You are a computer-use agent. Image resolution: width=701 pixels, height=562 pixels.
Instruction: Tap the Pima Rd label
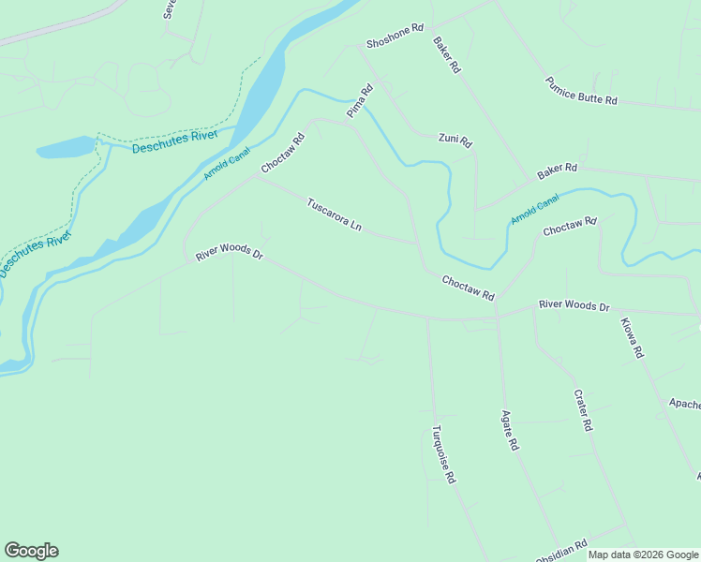[x=360, y=101]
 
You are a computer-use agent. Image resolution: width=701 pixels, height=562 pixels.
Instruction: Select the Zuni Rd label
[x=455, y=140]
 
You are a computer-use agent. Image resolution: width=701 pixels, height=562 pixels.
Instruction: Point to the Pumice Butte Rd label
[x=581, y=91]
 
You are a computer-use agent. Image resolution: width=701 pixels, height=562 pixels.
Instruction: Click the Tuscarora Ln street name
[x=335, y=214]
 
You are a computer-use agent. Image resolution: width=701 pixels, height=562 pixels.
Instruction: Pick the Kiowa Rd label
[x=632, y=338]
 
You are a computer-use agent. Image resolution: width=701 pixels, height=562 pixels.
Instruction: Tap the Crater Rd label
[x=583, y=410]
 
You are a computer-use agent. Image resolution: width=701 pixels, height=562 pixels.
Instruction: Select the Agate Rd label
[x=509, y=431]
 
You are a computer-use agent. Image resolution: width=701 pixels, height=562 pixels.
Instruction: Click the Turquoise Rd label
[x=443, y=454]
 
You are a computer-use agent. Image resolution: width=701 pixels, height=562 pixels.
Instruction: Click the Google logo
[x=31, y=551]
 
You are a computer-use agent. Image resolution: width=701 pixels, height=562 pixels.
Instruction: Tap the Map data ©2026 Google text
[x=643, y=555]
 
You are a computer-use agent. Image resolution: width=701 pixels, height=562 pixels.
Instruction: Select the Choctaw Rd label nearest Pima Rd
[x=283, y=154]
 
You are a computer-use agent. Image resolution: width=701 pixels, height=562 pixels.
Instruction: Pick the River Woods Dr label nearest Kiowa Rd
[x=574, y=306]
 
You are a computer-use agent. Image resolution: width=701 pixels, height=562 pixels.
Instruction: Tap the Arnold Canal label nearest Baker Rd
[x=535, y=209]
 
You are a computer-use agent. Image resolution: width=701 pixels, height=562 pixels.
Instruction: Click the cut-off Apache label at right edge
[x=684, y=405]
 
